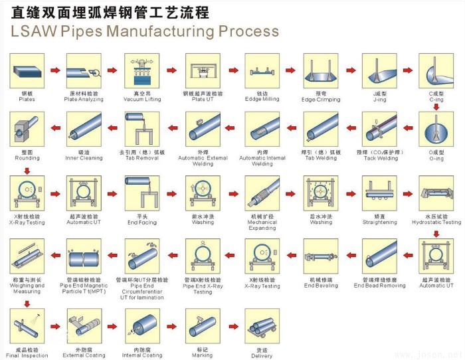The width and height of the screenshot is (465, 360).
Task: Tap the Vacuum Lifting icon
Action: [x=142, y=70]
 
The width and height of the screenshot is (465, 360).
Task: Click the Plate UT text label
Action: [x=203, y=100]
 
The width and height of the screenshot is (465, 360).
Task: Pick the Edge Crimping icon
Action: [x=321, y=70]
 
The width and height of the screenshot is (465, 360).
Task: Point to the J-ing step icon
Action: [x=379, y=70]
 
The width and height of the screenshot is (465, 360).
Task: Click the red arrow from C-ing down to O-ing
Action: [x=436, y=105]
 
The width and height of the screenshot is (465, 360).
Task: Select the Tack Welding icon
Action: [x=379, y=129]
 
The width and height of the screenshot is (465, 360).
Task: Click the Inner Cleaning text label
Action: [x=84, y=158]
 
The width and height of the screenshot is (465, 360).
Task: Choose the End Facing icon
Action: [x=142, y=193]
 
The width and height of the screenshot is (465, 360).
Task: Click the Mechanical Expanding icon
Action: [x=262, y=193]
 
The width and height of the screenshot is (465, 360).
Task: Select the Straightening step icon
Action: [x=379, y=193]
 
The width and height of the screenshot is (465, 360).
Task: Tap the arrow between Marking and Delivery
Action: [x=231, y=327]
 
